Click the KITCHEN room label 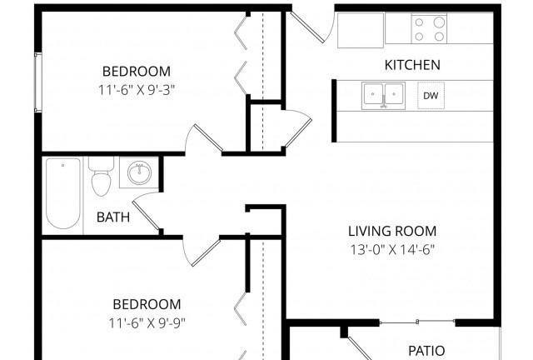[412, 65]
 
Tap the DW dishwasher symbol [431, 96]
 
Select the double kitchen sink [383, 96]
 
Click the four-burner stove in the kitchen [429, 29]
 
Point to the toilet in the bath [101, 177]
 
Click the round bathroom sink [139, 172]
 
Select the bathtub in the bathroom [63, 193]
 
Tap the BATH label [113, 217]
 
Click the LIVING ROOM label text [392, 231]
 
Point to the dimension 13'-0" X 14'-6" [392, 250]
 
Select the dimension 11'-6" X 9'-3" [137, 90]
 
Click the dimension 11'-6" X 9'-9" [147, 322]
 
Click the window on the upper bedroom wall [37, 82]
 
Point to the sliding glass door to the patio [417, 322]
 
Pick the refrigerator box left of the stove [361, 30]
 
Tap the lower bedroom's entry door [202, 252]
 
